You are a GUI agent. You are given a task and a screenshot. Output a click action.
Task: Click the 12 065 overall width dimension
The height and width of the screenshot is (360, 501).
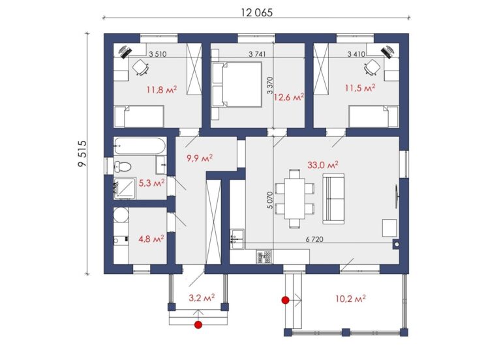point(257,12)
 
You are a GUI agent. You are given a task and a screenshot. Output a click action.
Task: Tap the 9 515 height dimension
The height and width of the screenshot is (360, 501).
point(82,153)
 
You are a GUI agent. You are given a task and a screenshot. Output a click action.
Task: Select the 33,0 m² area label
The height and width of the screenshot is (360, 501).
point(323,165)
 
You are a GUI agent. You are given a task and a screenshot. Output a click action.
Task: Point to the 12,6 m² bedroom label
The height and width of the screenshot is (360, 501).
point(288,97)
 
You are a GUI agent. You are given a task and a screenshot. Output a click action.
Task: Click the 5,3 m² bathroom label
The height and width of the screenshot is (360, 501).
point(152,183)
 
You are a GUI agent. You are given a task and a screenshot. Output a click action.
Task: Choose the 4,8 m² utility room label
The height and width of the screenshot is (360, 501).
point(151,238)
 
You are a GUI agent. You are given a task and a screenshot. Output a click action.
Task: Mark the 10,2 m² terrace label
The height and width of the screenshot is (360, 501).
point(350,299)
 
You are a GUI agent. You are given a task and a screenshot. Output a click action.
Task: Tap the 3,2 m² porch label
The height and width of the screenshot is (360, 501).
point(202,297)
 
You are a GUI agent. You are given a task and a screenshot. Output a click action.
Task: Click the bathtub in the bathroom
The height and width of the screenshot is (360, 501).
point(140,146)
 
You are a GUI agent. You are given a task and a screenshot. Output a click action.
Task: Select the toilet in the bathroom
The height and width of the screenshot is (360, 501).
point(123,166)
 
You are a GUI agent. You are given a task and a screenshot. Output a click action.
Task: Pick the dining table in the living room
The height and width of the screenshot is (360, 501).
point(295,198)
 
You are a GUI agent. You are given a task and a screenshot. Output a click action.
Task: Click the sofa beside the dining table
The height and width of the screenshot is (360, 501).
point(333,198)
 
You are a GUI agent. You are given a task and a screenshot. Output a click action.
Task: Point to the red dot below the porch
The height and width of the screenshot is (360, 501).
point(198,325)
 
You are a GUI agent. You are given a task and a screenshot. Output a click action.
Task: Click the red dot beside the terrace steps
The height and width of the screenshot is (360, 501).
point(285,300)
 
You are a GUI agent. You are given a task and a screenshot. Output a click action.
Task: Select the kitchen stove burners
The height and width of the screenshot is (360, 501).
point(264,256)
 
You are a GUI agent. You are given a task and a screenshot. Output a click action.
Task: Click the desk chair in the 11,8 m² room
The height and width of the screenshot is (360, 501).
point(141,67)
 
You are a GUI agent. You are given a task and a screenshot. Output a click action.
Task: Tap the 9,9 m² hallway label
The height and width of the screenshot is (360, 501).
point(200,158)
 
